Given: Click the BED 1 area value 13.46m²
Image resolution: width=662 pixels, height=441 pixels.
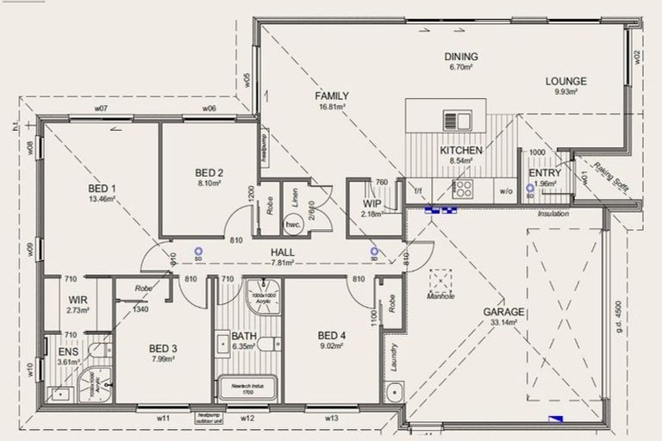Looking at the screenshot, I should (x=102, y=198).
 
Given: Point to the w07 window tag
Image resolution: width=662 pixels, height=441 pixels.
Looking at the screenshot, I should (x=101, y=109).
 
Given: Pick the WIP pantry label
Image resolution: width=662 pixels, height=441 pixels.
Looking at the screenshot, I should (x=372, y=203).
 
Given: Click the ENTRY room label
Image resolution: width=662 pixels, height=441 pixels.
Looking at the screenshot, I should (x=545, y=173).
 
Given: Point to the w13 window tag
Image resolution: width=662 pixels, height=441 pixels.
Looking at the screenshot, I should (x=331, y=418).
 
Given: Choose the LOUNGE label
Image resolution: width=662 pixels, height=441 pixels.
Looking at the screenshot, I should (x=565, y=82).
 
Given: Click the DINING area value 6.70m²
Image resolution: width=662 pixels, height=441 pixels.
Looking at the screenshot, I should (x=461, y=66).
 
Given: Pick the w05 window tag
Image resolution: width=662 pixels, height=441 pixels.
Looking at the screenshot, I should (x=247, y=80).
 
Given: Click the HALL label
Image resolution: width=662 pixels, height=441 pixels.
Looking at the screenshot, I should (x=282, y=252).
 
